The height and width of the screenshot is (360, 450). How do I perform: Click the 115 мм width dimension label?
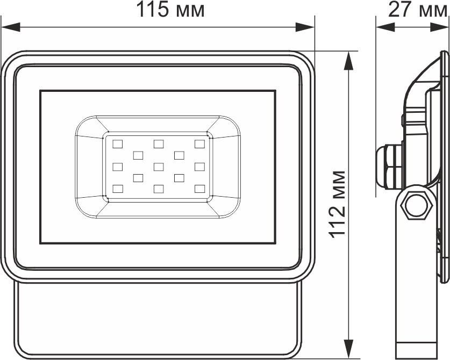pyautogui.click(x=170, y=10)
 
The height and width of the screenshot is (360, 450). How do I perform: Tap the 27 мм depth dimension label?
pyautogui.click(x=417, y=10)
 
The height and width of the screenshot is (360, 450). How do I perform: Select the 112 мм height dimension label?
pyautogui.click(x=337, y=204)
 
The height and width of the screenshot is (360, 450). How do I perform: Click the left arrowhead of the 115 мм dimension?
pyautogui.click(x=11, y=27)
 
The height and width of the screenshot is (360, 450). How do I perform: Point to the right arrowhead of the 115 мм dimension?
pyautogui.click(x=305, y=27)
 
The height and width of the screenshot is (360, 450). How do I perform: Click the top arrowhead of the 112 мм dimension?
pyautogui.click(x=348, y=61)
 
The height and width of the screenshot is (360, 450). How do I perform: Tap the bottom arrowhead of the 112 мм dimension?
pyautogui.click(x=348, y=349)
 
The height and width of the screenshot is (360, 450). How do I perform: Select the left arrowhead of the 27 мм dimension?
pyautogui.click(x=385, y=27)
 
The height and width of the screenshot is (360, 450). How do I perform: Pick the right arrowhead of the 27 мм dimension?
pyautogui.click(x=439, y=27)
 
